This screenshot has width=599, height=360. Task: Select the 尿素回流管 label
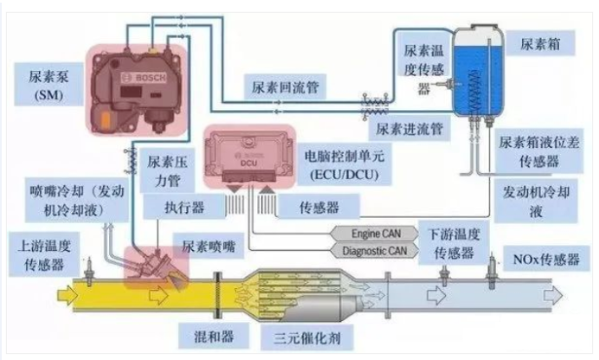[x=286, y=88]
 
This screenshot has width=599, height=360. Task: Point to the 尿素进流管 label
[x=409, y=128]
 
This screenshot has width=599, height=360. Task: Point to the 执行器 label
[x=186, y=207]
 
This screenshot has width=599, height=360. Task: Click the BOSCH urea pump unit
[x=138, y=82]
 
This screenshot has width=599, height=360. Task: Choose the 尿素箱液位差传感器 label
[x=540, y=151]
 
